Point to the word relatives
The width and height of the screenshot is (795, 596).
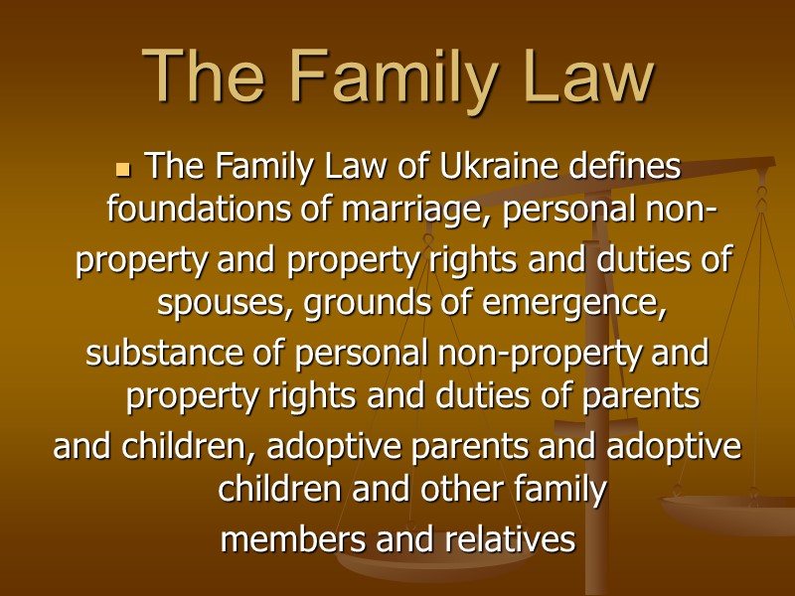pyautogui.click(x=510, y=539)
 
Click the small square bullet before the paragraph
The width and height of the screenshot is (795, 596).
pyautogui.click(x=125, y=168)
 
